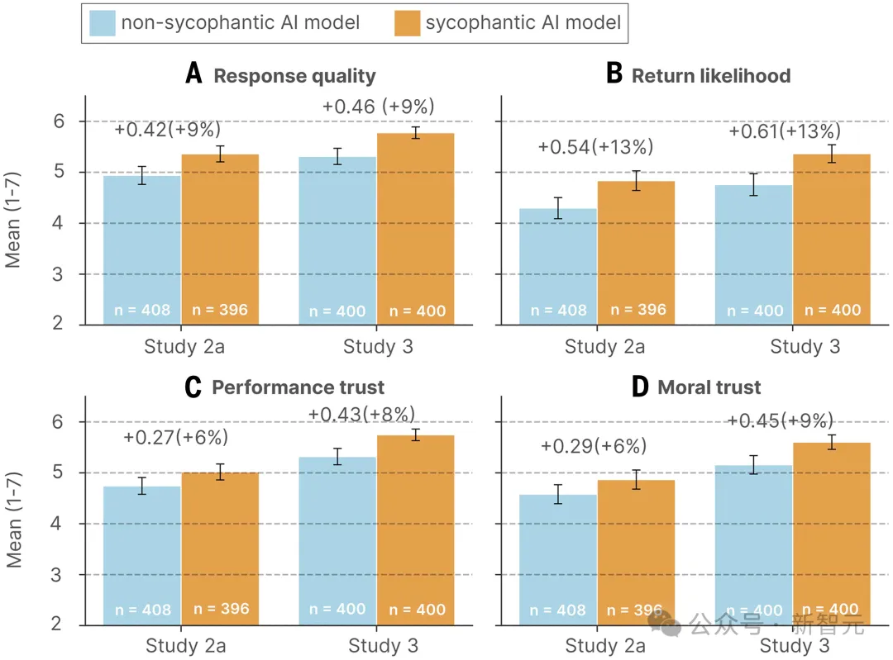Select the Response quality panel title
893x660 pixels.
click(294, 76)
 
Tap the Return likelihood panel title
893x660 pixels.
click(711, 76)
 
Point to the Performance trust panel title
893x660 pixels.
click(298, 387)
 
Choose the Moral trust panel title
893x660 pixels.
click(709, 387)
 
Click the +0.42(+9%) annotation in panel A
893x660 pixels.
click(168, 130)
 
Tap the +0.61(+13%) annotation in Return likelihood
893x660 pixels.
click(785, 131)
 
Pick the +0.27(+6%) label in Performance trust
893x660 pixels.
click(175, 438)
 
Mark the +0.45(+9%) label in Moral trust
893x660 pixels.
click(780, 420)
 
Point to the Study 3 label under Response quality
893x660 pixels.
click(378, 346)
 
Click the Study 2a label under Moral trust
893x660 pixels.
click(604, 645)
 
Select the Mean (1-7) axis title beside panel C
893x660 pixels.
click(14, 521)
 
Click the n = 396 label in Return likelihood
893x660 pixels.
click(638, 311)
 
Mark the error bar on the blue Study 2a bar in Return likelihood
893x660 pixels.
click(558, 208)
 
